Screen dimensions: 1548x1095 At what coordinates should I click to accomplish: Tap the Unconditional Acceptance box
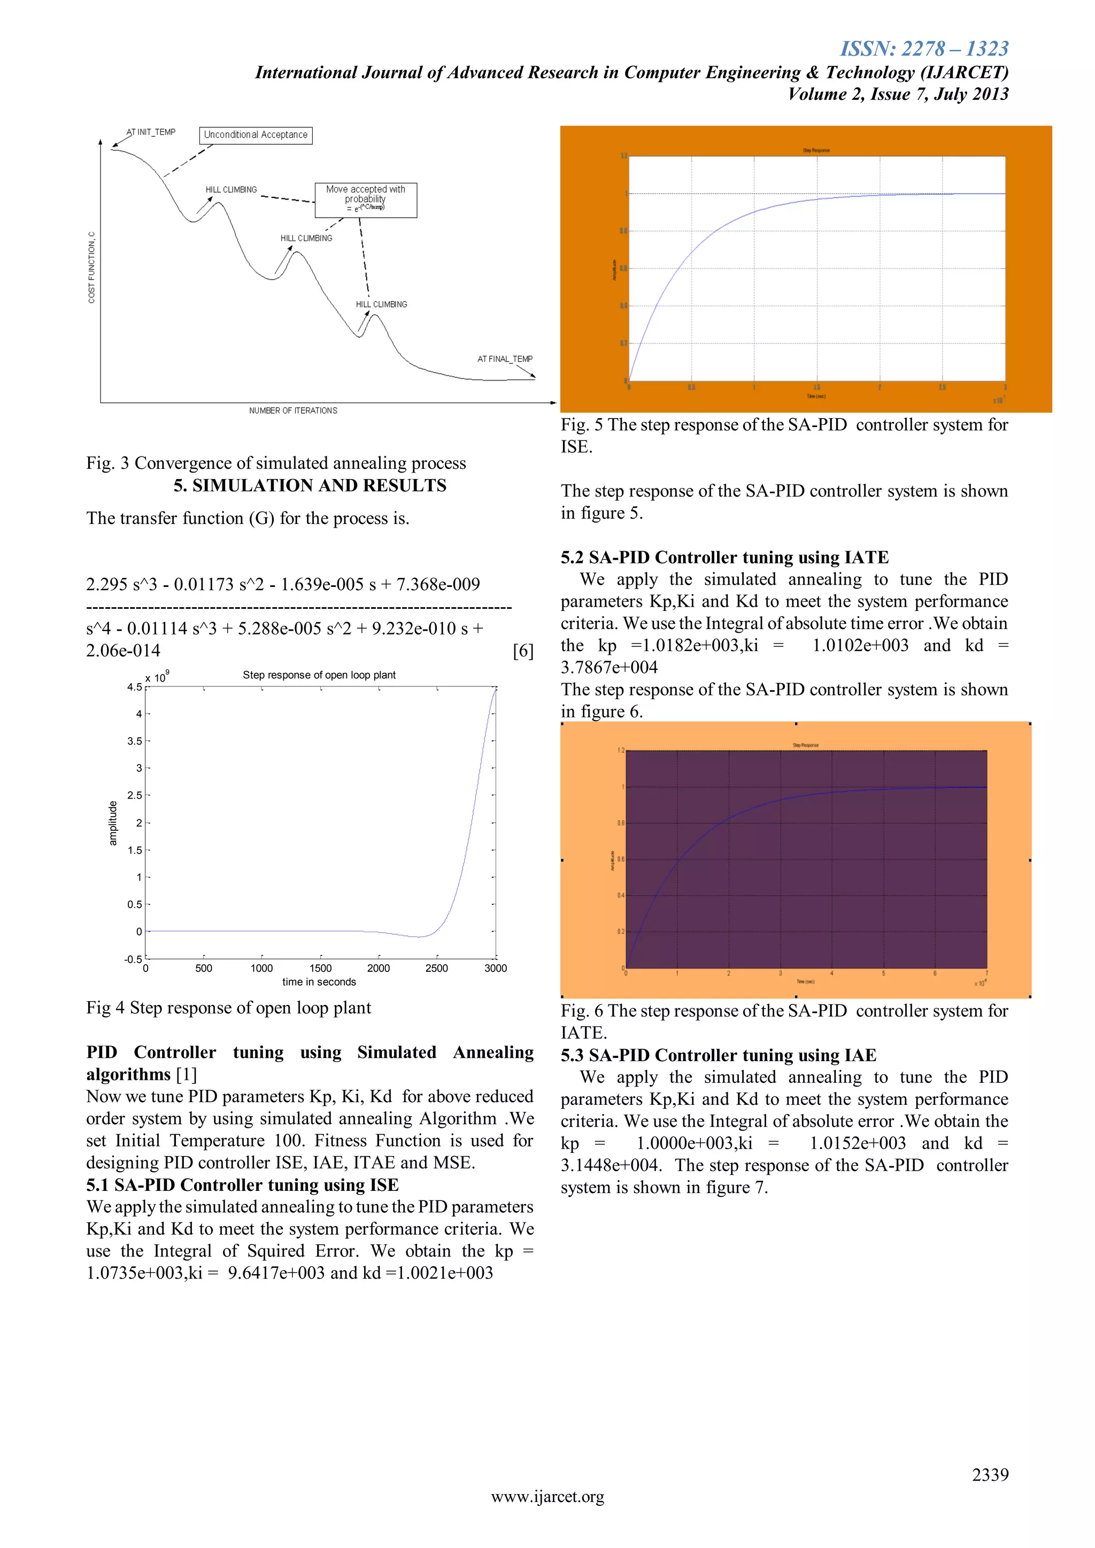pos(256,135)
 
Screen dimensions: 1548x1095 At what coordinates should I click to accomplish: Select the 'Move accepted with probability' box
pos(366,199)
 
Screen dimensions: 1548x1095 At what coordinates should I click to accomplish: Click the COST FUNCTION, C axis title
pos(92,268)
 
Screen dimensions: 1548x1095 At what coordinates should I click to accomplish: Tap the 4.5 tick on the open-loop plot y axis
pos(134,687)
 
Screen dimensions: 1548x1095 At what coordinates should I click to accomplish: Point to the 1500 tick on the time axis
pos(320,968)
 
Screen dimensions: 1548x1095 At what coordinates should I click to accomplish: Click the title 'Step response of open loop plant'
pos(319,675)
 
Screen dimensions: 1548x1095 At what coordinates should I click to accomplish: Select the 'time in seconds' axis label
pos(319,981)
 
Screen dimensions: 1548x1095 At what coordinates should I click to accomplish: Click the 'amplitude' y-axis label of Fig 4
pos(113,823)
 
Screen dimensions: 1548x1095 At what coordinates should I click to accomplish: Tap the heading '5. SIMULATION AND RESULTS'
pos(310,485)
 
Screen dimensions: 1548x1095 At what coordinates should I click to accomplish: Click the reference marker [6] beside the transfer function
pos(522,651)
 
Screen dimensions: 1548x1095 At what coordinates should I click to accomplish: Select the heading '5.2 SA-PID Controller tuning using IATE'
pos(724,558)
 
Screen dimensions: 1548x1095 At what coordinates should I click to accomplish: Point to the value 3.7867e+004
pos(609,668)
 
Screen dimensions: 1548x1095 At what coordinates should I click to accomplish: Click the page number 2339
pos(989,1475)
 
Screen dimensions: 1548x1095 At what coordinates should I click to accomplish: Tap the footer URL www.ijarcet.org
pos(547,1497)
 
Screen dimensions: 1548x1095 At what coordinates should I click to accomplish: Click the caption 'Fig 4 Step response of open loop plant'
pos(229,1008)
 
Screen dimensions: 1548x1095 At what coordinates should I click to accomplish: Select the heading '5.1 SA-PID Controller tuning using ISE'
pos(242,1185)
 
